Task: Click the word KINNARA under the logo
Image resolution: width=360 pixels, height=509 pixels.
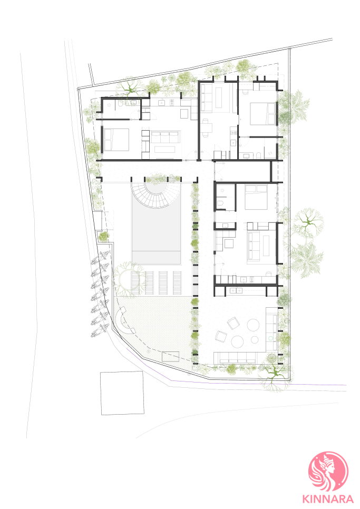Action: coord(328,498)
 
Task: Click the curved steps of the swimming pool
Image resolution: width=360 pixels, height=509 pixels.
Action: coord(156,194)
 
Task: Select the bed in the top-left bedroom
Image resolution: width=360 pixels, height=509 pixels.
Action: coord(116,140)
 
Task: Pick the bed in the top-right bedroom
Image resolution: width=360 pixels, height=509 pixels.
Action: coord(262,114)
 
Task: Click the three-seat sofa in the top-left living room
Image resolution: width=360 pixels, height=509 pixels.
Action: coord(165,136)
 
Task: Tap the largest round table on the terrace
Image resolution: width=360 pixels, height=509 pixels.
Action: coord(238,342)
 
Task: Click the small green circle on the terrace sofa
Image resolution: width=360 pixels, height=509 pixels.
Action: coord(271,338)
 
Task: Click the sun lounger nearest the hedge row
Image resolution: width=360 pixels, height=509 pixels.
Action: coord(177,283)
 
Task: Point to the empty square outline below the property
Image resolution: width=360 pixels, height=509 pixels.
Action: coord(122,393)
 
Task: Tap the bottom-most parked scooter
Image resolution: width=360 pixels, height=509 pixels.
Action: coord(99,331)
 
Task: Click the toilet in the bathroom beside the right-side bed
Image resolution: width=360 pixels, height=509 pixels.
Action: coord(221,203)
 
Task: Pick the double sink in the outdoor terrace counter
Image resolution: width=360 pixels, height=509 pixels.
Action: coord(236,290)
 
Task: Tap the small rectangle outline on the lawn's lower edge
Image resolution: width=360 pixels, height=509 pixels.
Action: coord(170,356)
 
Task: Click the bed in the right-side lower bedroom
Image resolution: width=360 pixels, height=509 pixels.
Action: coord(256,198)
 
